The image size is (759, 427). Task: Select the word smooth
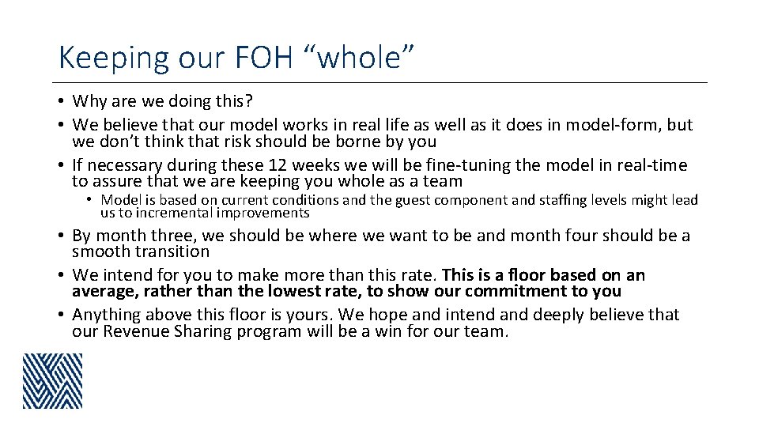tap(100, 252)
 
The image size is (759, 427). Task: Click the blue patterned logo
tap(52, 381)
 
